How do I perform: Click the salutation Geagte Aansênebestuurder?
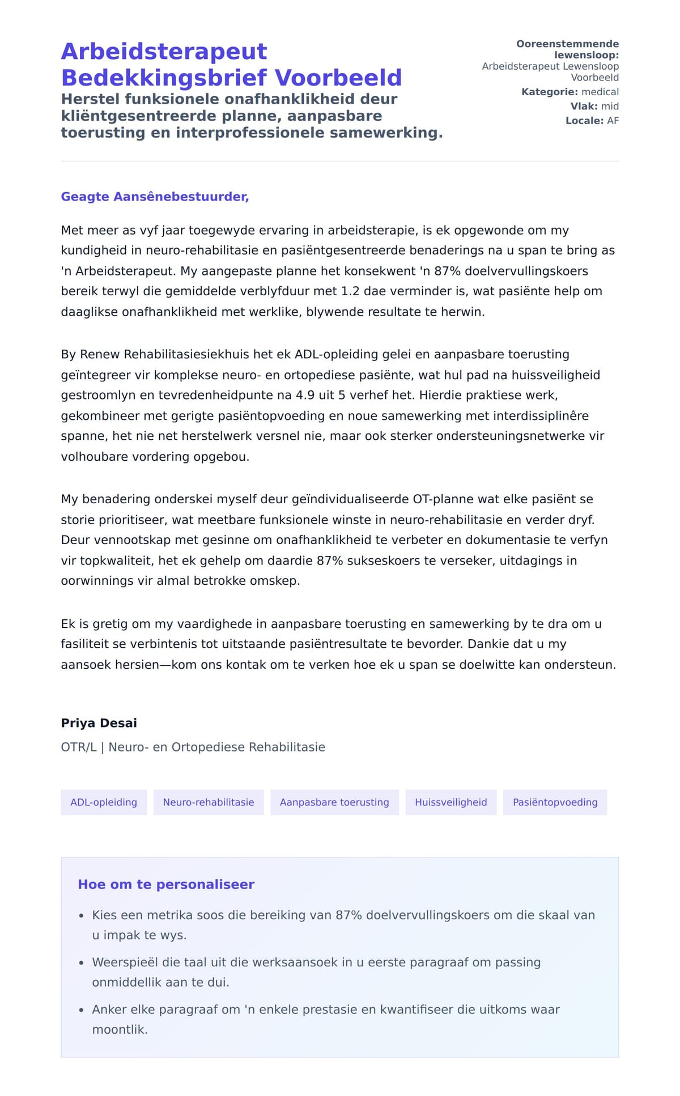(155, 197)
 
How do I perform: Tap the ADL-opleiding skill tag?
(104, 802)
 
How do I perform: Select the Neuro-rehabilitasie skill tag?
(209, 802)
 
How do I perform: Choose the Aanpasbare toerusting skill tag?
(334, 802)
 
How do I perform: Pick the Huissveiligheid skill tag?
(450, 802)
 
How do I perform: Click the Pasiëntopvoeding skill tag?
(555, 802)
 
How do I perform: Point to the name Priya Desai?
(99, 723)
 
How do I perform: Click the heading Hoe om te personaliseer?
(166, 885)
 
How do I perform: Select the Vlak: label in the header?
(584, 106)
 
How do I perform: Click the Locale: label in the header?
(584, 121)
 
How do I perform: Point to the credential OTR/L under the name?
(79, 747)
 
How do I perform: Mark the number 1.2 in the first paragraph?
(351, 291)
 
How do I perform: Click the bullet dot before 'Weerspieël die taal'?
(82, 963)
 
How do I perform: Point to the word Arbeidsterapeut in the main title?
(164, 52)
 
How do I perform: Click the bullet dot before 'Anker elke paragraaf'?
(82, 1010)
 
